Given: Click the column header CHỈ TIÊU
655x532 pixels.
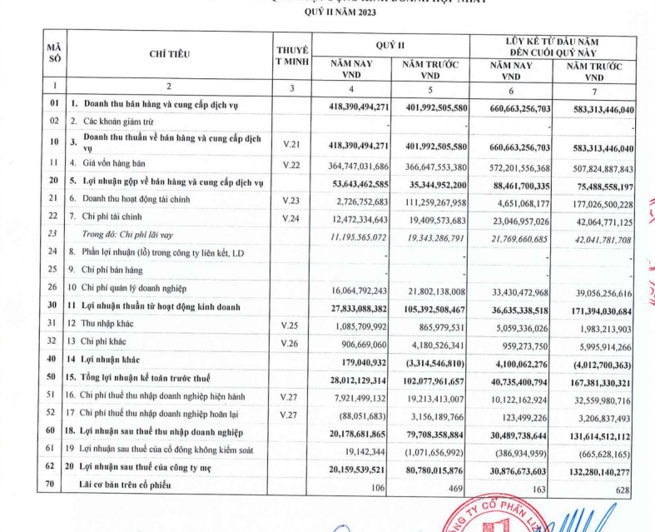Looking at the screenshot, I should pyautogui.click(x=170, y=54).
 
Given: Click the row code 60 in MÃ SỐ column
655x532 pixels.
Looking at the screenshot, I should pyautogui.click(x=53, y=432).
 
